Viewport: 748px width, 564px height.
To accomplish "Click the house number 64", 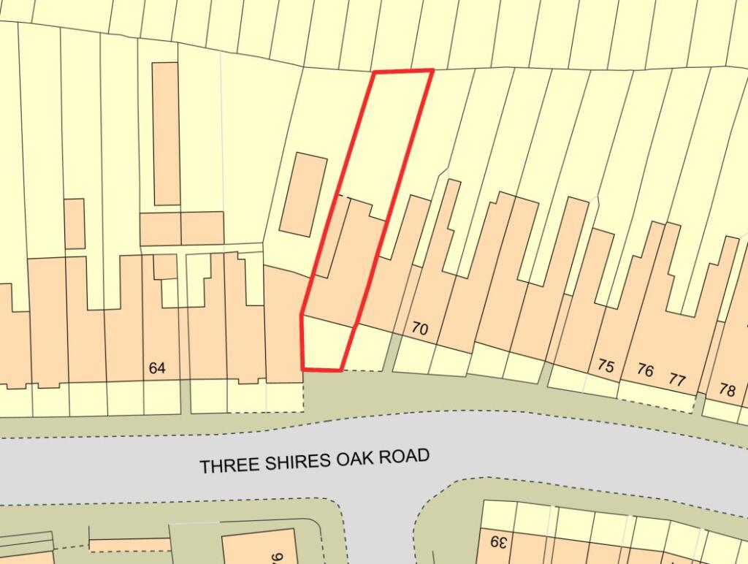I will click(x=157, y=368).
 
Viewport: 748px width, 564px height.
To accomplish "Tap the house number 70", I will click(x=419, y=329).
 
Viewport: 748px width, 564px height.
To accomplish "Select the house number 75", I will click(x=606, y=365).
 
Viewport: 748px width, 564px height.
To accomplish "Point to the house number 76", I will click(x=644, y=370).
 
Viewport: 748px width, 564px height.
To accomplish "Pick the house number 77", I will click(x=677, y=379).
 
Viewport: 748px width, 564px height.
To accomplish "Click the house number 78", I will click(x=727, y=390).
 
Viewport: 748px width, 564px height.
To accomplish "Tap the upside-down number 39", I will click(x=497, y=542).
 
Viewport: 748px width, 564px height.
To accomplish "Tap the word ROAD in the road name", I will click(x=406, y=457).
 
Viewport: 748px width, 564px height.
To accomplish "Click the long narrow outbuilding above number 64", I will click(x=167, y=133).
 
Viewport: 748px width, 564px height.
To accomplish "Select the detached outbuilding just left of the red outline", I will click(x=305, y=194).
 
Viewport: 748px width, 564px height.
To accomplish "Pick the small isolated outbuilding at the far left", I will click(x=75, y=223).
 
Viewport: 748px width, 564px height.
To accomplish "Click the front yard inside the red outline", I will click(x=325, y=345).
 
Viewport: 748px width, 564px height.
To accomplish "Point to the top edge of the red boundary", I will click(x=402, y=71).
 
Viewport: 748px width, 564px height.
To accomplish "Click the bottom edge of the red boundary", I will click(x=322, y=370).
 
